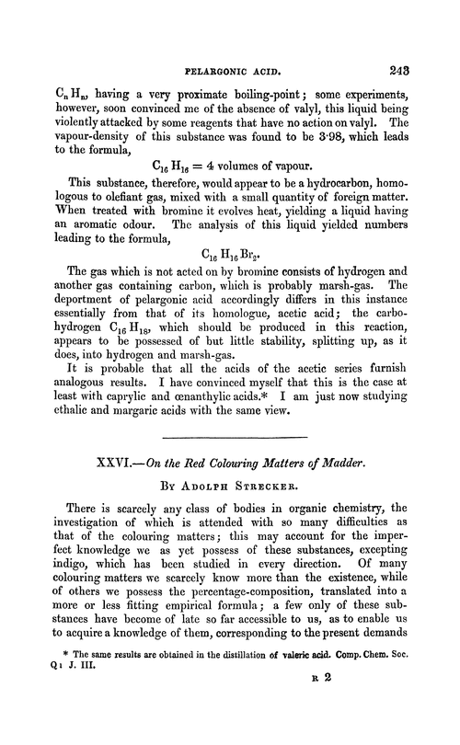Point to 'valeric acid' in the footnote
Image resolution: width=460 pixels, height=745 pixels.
324,702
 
